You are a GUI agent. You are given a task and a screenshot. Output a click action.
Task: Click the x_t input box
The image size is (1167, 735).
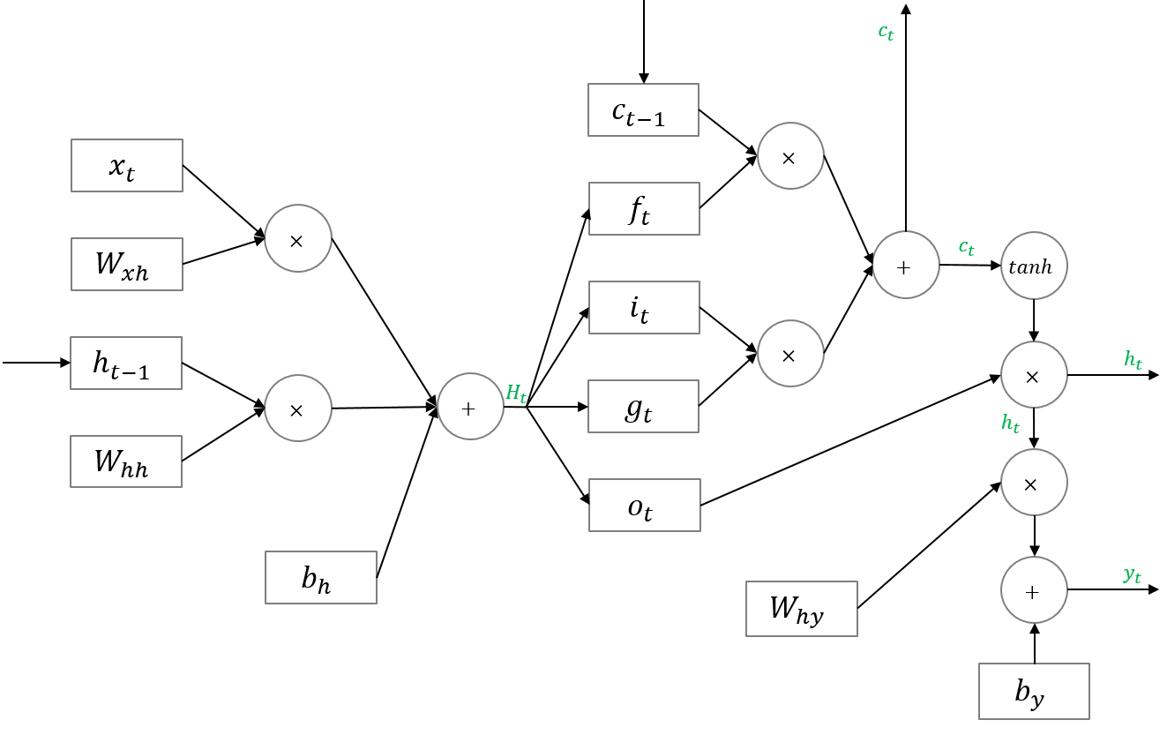(x=127, y=165)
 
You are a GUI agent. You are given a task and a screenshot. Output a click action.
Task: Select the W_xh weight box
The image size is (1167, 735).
(x=127, y=264)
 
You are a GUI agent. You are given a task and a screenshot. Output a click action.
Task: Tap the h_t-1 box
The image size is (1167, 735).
(x=126, y=363)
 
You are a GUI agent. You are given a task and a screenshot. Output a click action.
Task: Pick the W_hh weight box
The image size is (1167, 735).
(x=126, y=461)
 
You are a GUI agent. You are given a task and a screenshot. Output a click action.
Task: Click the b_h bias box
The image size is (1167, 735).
(x=321, y=577)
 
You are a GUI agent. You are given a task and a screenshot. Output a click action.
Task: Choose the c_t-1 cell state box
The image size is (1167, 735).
(x=643, y=110)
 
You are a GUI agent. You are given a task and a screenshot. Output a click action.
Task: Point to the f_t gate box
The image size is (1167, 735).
(x=644, y=209)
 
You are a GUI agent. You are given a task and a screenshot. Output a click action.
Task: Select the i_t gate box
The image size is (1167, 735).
(x=644, y=308)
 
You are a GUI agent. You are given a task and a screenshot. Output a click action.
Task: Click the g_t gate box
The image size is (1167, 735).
(x=644, y=407)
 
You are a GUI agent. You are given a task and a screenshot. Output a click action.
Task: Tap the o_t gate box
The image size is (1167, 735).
(x=645, y=505)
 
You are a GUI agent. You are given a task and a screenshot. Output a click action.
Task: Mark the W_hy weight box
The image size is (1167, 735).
(x=801, y=609)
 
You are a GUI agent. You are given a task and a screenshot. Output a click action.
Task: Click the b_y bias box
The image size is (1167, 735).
(x=1034, y=691)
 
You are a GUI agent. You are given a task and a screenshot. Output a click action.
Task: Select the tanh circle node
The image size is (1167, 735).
(x=1034, y=266)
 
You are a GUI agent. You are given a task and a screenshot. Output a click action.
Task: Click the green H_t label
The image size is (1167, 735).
(x=516, y=394)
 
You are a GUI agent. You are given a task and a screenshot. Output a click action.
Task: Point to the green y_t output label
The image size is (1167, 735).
(x=1133, y=575)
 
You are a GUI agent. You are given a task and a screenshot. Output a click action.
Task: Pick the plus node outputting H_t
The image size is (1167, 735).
(x=471, y=407)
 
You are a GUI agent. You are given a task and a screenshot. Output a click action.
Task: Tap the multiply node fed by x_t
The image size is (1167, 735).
(x=298, y=238)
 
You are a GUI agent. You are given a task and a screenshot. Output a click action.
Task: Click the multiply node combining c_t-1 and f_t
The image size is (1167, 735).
(x=790, y=156)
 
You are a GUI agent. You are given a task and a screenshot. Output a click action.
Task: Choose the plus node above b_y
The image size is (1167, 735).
(x=1034, y=590)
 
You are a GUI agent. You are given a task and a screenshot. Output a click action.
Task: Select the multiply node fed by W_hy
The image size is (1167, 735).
(x=1034, y=483)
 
